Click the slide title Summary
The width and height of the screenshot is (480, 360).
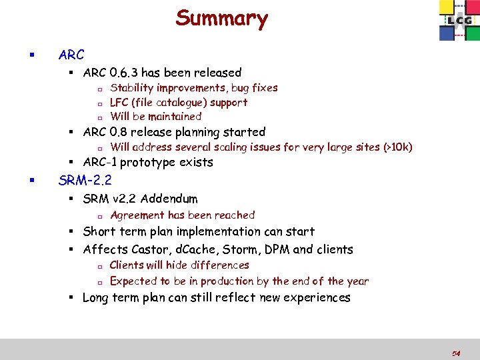coord(221,18)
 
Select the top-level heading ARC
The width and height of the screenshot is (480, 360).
coord(71,55)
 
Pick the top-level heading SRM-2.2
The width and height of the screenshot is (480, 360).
coord(85,180)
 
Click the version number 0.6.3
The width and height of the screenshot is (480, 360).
coord(127,73)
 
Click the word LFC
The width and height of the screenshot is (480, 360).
coord(119,103)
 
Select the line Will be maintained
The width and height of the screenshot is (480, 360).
coord(155,117)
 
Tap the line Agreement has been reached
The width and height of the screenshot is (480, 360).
coord(182,215)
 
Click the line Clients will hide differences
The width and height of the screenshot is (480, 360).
coord(179,265)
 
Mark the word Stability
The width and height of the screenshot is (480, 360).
coord(131,88)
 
